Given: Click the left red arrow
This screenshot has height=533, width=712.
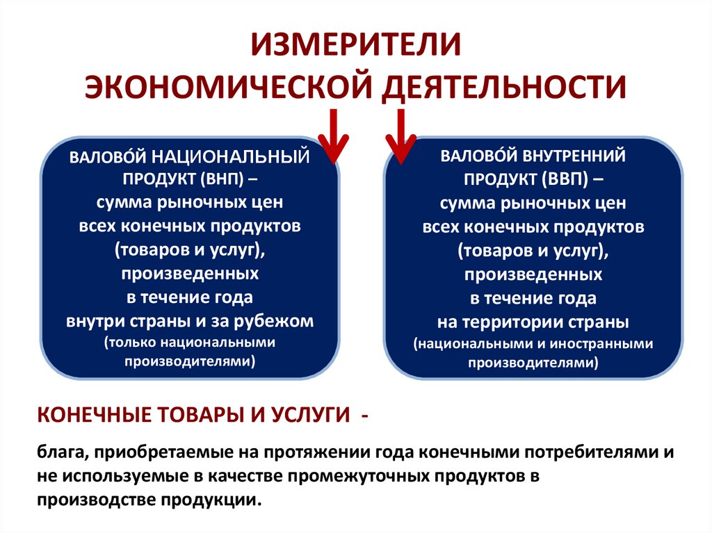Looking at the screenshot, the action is pyautogui.click(x=333, y=136).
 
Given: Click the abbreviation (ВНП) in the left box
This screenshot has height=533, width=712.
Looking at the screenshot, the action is pyautogui.click(x=220, y=180).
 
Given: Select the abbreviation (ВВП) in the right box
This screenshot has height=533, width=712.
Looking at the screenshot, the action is pyautogui.click(x=560, y=179).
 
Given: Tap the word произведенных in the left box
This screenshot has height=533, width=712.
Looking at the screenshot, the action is pyautogui.click(x=191, y=274).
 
